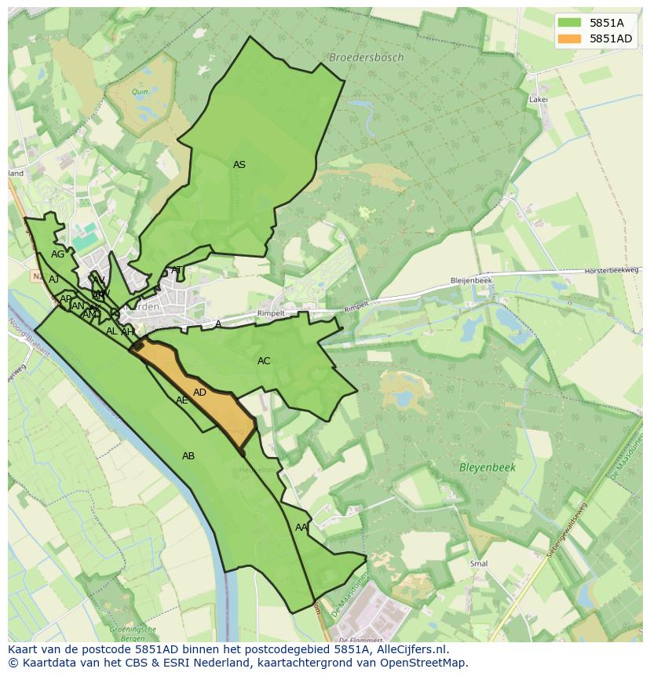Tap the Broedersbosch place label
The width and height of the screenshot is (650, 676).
(x=367, y=57)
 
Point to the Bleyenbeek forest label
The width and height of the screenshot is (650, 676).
(x=487, y=467)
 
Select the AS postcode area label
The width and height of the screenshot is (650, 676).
(x=239, y=165)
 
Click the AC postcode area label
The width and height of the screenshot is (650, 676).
(x=264, y=361)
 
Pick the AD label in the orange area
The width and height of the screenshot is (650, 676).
(x=199, y=393)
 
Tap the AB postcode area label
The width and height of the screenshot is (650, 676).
(x=188, y=456)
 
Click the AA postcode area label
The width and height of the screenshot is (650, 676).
(x=301, y=528)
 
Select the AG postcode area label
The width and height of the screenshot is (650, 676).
(x=57, y=254)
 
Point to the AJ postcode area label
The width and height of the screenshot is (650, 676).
(x=53, y=280)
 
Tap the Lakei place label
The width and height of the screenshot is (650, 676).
(x=538, y=100)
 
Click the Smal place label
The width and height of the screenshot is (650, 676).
(x=478, y=564)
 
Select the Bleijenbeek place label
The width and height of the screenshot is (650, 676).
(x=471, y=280)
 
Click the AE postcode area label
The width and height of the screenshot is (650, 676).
(x=181, y=400)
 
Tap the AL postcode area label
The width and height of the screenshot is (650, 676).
(x=111, y=331)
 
